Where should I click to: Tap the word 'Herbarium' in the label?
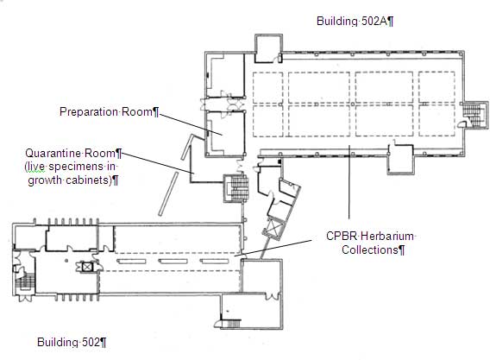click(386, 237)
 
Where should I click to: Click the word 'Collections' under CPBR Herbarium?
click(370, 249)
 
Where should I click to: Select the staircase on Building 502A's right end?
click(474, 115)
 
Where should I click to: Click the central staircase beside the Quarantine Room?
click(236, 188)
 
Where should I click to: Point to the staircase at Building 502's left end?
click(25, 281)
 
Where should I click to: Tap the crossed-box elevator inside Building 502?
click(86, 267)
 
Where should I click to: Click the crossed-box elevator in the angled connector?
click(272, 228)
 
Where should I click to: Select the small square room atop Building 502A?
click(268, 48)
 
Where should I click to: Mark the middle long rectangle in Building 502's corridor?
click(173, 262)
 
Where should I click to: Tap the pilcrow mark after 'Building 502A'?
click(391, 22)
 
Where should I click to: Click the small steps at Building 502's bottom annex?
click(234, 324)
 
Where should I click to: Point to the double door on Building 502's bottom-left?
click(24, 298)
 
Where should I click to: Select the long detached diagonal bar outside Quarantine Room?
click(168, 194)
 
